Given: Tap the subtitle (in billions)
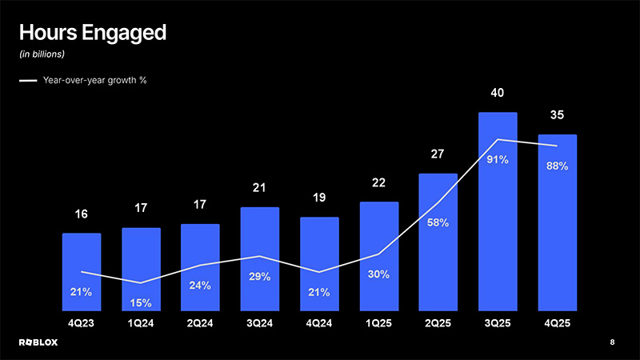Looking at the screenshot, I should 42,54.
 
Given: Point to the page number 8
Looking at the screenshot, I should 612,342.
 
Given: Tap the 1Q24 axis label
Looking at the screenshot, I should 141,324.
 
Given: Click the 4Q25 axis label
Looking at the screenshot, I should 557,324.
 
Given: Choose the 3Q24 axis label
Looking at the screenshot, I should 259,324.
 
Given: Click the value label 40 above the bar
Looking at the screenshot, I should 497,94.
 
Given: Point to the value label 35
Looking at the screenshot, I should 557,116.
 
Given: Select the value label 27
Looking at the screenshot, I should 438,154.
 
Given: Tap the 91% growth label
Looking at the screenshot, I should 497,160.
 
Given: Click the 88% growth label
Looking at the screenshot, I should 557,166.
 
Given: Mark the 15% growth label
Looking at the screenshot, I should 141,302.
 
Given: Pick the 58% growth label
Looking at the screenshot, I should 438,222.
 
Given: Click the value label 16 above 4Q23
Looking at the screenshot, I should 82,214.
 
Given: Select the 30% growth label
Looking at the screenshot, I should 378,274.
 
